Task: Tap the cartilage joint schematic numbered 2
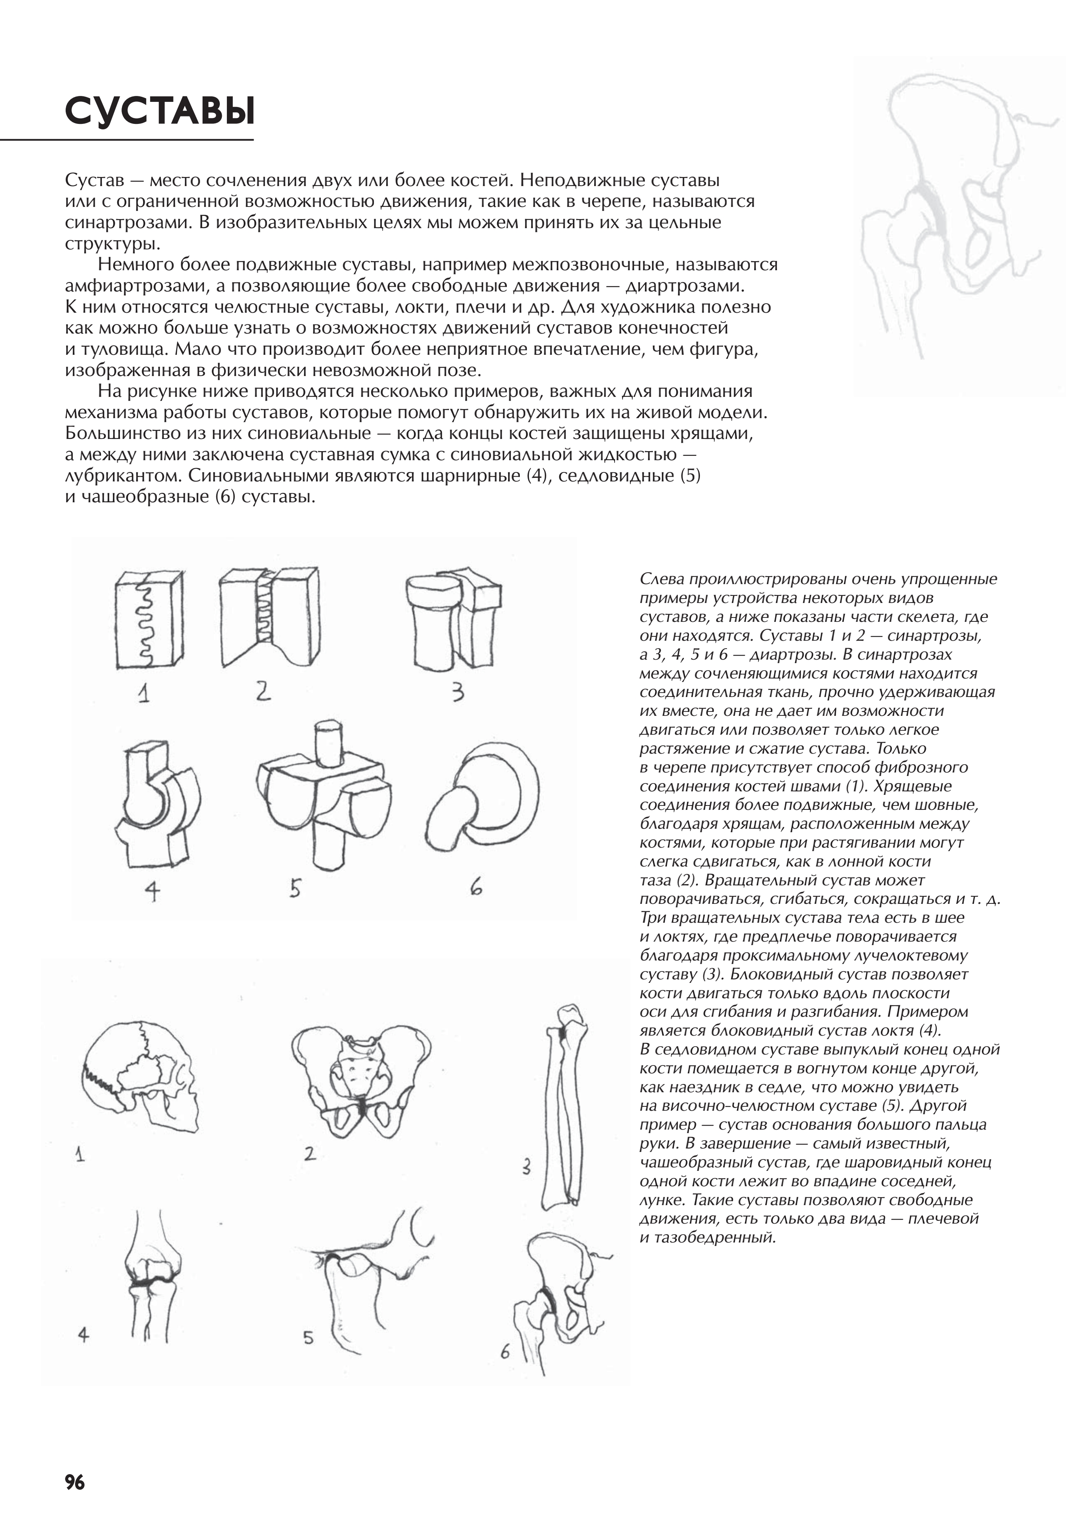click(269, 616)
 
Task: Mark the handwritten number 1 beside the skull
click(80, 1153)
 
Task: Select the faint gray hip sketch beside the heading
click(958, 219)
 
